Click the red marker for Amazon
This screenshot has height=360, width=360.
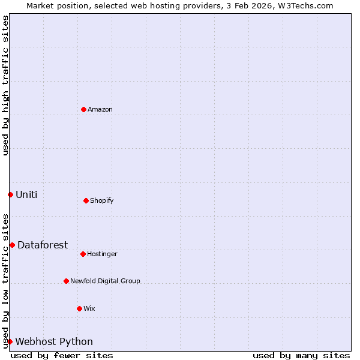pos(83,109)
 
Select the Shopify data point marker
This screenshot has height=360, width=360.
pos(86,200)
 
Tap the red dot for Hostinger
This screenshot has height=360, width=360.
pos(83,254)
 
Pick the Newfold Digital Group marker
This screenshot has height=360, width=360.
pos(66,281)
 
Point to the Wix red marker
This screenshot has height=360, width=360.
pos(79,308)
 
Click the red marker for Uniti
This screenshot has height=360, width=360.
pos(10,194)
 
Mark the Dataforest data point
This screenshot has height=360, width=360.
pos(12,245)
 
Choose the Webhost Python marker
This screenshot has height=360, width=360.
pos(10,341)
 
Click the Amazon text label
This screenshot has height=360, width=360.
pos(100,109)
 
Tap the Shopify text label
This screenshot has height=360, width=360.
pos(102,200)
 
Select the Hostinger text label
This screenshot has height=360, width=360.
pos(102,254)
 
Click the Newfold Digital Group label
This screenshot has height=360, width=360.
pos(105,281)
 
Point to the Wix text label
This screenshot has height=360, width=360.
pos(89,308)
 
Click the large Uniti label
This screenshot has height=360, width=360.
pos(26,194)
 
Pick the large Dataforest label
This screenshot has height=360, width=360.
pos(43,245)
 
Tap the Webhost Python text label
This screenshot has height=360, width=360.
pos(54,341)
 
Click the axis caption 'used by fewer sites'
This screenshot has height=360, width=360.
pos(62,355)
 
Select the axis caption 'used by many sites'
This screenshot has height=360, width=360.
pos(301,355)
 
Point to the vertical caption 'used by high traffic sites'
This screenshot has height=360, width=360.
pos(5,85)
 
